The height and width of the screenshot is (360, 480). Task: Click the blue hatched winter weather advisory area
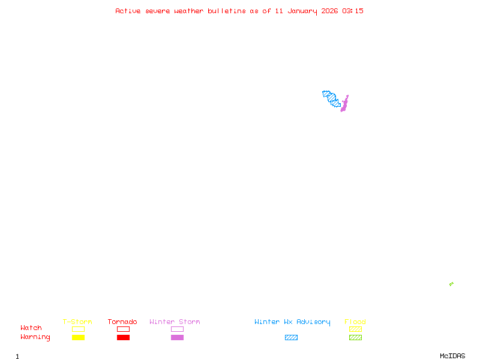[331, 98]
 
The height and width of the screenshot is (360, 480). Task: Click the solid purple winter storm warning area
[344, 104]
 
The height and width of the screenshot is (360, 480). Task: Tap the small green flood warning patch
[451, 284]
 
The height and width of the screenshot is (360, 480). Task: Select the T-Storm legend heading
[77, 322]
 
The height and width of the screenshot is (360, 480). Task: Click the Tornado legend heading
[122, 322]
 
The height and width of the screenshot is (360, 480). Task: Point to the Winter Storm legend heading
[175, 322]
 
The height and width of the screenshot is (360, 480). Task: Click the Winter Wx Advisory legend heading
[292, 322]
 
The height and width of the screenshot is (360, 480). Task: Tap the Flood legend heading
[355, 322]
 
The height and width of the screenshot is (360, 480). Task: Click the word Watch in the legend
[31, 328]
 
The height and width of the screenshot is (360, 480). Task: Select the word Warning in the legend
[35, 337]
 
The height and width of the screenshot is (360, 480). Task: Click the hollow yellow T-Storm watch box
[79, 329]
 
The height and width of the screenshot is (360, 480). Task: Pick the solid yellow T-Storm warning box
[79, 337]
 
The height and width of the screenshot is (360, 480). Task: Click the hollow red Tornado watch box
[124, 329]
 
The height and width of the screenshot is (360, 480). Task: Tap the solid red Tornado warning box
[124, 337]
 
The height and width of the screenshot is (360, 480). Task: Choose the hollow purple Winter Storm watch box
[177, 329]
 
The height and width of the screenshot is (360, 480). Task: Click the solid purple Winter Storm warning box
[177, 337]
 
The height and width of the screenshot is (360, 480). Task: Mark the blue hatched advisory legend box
[291, 337]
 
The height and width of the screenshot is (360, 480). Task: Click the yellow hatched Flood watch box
[355, 329]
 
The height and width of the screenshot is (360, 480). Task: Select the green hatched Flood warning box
[355, 337]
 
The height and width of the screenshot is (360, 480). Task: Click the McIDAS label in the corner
[452, 356]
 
